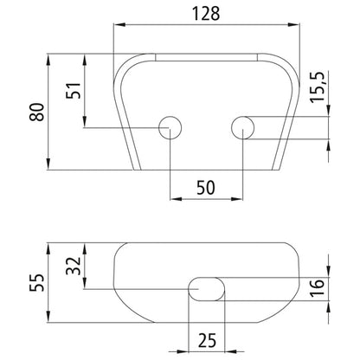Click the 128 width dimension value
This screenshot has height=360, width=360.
coord(204,13)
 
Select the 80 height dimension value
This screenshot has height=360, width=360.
coord(36,113)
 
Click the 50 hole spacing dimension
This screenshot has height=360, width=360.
coord(206,187)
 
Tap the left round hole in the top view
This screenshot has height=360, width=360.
coord(170,127)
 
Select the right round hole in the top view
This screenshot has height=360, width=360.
coord(242,127)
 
